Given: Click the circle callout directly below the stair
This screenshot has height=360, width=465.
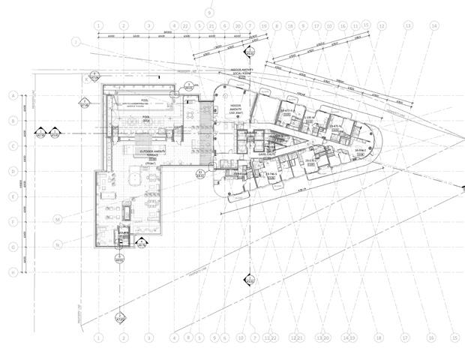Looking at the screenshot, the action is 119,259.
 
